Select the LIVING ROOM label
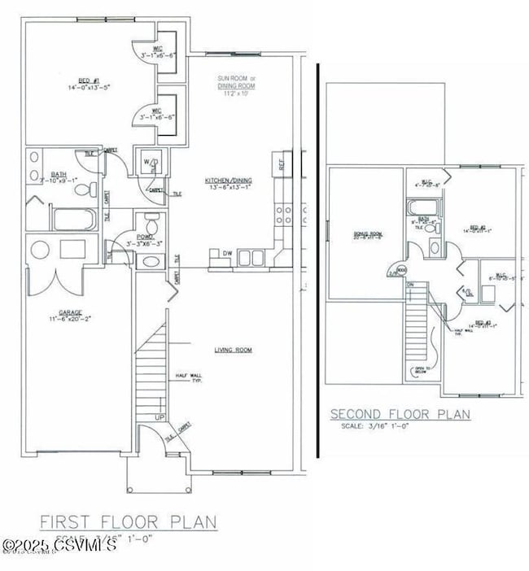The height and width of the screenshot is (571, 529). [233, 350]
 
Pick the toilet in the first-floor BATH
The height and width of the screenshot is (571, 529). [83, 190]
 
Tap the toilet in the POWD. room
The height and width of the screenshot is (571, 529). [150, 224]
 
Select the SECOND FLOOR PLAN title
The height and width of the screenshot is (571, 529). [400, 414]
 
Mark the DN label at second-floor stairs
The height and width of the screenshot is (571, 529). [411, 285]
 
